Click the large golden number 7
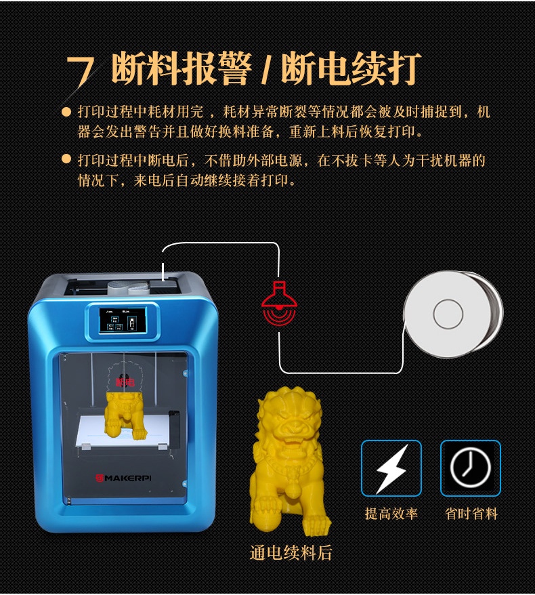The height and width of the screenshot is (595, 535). (x=81, y=71)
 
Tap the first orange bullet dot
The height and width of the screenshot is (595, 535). (x=66, y=112)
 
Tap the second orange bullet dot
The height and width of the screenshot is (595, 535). (x=66, y=159)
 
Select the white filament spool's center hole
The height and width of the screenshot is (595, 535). (x=448, y=314)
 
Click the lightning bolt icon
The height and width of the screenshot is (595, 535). (x=391, y=468)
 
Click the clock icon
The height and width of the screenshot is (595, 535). (x=471, y=468)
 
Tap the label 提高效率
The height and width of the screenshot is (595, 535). (x=391, y=514)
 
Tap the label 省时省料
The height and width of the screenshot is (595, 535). (x=471, y=514)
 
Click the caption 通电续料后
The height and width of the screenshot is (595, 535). (x=291, y=552)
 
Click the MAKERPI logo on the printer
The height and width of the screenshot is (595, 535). (x=124, y=478)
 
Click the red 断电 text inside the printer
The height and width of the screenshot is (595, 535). (x=125, y=382)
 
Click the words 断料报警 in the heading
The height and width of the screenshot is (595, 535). (x=181, y=69)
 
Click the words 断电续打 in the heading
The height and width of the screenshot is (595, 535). (x=351, y=69)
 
